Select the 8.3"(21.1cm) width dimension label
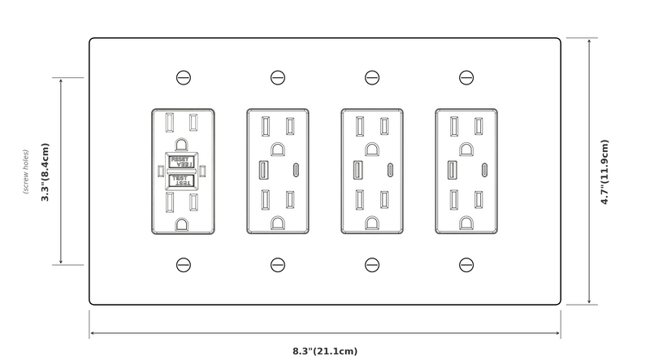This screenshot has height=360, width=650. [x=324, y=351]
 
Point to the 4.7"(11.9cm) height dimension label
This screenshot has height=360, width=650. [x=604, y=172]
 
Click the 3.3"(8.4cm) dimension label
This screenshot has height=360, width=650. [x=45, y=171]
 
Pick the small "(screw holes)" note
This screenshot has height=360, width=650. [x=26, y=171]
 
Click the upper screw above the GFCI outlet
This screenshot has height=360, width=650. [x=183, y=78]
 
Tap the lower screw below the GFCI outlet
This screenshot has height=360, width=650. [x=183, y=264]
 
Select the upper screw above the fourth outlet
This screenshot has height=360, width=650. [x=466, y=78]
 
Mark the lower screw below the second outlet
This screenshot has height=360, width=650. [x=277, y=264]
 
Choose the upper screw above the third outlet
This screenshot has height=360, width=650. [x=371, y=78]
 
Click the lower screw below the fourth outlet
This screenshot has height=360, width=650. [x=466, y=264]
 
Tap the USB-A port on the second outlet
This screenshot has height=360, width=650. [x=264, y=171]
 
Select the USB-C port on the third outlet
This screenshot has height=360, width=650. [x=392, y=171]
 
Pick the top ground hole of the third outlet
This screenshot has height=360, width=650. [x=371, y=148]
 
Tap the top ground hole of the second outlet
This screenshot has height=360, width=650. [x=277, y=148]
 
